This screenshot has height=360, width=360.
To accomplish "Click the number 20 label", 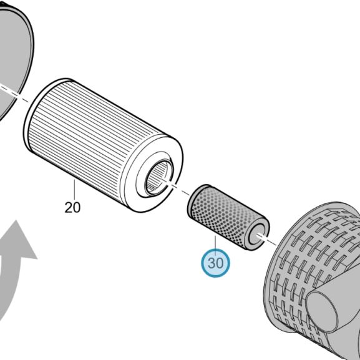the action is (72, 207).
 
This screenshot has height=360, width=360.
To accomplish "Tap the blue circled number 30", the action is (215, 263).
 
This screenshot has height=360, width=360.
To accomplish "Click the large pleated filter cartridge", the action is (104, 145).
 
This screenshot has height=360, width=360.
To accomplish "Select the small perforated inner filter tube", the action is (228, 217).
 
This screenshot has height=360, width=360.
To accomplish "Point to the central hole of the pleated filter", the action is (159, 177).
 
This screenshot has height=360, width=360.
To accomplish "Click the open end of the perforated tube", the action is (258, 234).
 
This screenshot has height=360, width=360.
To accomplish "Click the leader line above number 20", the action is (74, 190).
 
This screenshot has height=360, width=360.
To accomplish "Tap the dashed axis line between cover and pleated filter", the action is (22, 98).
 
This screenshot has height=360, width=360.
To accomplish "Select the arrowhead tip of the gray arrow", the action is (16, 220).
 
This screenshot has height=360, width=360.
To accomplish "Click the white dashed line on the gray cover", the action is (8, 90).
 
